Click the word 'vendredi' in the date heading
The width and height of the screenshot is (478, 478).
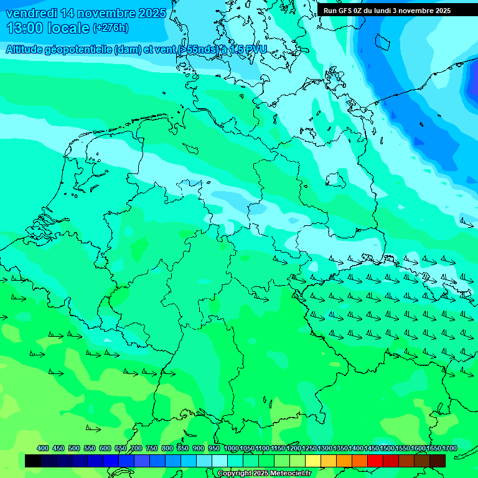(x=31, y=13)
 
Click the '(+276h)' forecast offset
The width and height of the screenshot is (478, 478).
(x=110, y=28)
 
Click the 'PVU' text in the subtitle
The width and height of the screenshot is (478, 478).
(x=256, y=49)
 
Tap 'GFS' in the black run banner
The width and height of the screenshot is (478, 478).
(x=348, y=11)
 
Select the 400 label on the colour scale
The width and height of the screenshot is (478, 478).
(x=43, y=448)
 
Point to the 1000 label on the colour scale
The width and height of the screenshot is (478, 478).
(x=231, y=448)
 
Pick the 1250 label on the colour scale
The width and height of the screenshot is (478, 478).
(x=309, y=448)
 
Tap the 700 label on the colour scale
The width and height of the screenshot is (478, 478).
(x=136, y=448)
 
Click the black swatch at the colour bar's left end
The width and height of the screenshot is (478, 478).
(x=33, y=461)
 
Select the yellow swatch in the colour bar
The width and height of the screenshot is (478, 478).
(x=313, y=461)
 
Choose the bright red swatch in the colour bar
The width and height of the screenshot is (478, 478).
(x=375, y=461)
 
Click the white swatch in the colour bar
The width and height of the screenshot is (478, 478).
(x=220, y=461)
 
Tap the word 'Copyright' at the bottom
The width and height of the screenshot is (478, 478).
(x=235, y=474)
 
